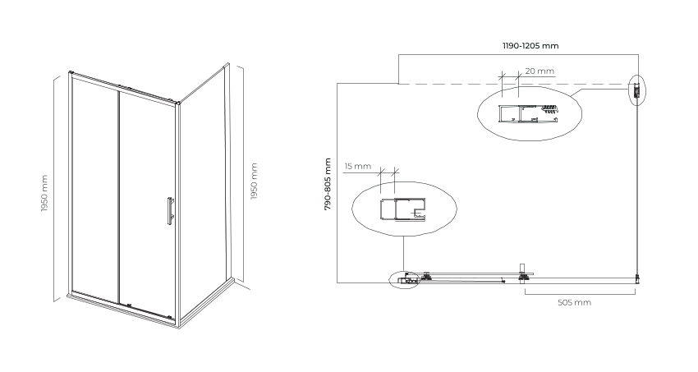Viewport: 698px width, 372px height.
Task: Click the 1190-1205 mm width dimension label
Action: point(530,46)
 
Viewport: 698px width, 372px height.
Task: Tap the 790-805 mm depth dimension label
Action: point(328,184)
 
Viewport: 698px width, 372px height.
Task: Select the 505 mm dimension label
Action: point(574,302)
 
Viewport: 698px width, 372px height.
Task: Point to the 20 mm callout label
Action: point(540,71)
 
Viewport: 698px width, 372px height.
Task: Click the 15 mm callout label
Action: point(357,167)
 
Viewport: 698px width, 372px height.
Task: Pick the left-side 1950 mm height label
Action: point(44,193)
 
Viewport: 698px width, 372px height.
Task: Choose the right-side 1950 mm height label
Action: point(255,181)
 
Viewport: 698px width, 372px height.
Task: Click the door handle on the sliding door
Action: point(170,211)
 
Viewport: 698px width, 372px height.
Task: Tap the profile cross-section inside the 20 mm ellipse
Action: point(528,113)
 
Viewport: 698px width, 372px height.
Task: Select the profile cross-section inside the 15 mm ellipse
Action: point(402,209)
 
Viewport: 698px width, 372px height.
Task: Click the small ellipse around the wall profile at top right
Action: point(637,90)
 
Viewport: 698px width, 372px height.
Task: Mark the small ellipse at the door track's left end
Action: point(405,280)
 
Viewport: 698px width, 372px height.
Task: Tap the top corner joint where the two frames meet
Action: point(177,103)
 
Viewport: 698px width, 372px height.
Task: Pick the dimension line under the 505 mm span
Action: point(580,294)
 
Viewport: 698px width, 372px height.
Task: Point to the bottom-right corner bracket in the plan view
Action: point(637,278)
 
